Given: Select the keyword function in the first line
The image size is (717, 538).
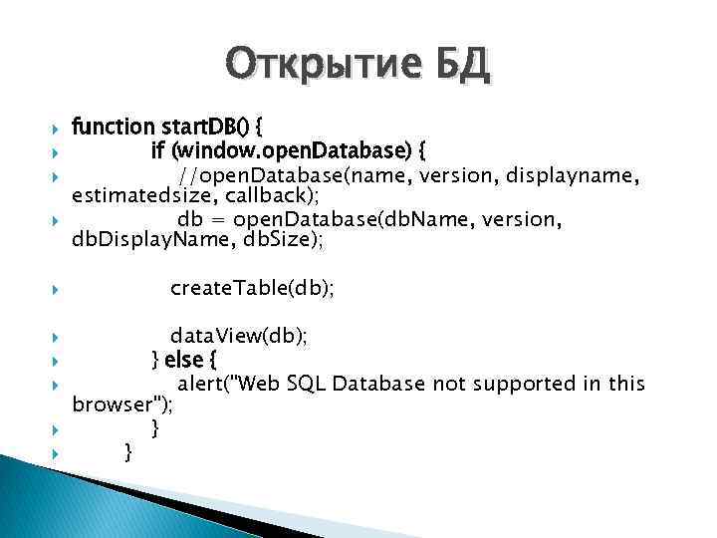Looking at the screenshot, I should tap(114, 128).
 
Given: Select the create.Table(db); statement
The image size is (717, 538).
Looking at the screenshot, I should tap(252, 288).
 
